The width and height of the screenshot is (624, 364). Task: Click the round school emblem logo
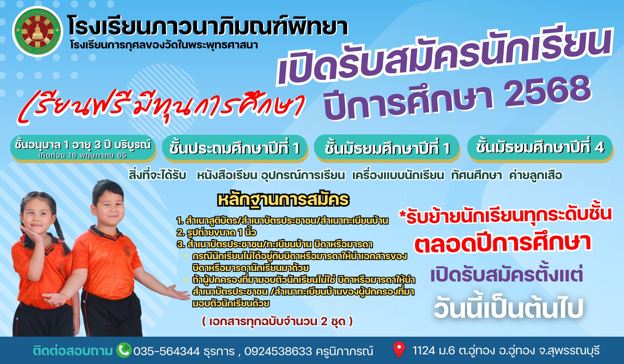click(x=38, y=31)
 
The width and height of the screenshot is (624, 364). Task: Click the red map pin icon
click(x=399, y=350)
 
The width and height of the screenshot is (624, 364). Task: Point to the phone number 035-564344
click(x=166, y=351)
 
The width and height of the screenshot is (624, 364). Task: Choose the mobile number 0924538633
click(x=278, y=351)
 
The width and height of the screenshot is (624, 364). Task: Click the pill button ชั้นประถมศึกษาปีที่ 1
click(x=235, y=148)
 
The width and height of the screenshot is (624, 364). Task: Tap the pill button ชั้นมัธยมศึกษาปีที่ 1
click(x=387, y=148)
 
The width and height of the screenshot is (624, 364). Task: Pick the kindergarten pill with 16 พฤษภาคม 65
click(x=83, y=149)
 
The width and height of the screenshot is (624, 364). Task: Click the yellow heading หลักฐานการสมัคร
click(x=283, y=200)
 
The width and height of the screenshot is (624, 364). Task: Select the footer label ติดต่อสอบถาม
click(x=73, y=351)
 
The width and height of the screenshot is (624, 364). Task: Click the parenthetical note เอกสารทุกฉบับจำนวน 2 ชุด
click(x=277, y=321)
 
